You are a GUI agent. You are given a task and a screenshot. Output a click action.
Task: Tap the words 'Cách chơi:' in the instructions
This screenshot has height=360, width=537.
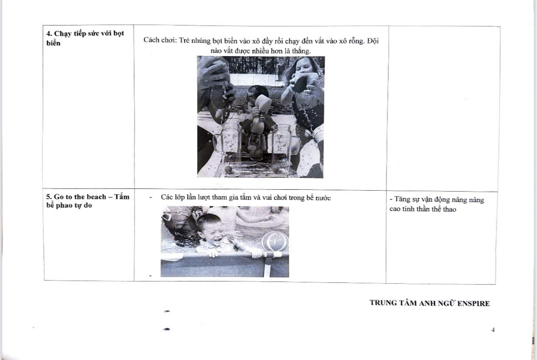[159, 40]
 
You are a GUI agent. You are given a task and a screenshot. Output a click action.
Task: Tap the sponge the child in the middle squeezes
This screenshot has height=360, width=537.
[262, 103]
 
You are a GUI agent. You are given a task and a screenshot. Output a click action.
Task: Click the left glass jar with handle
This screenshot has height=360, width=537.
[225, 143]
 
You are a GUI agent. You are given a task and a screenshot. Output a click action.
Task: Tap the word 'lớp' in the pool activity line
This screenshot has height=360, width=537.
[179, 198]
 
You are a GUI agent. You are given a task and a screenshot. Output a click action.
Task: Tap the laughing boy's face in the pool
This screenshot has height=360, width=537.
[210, 229]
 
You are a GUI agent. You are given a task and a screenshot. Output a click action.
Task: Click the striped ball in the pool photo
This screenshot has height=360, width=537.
[275, 241]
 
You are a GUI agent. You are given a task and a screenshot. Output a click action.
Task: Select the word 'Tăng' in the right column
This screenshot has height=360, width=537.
[401, 199]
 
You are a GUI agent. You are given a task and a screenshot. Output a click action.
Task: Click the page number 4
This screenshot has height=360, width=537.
[493, 330]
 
